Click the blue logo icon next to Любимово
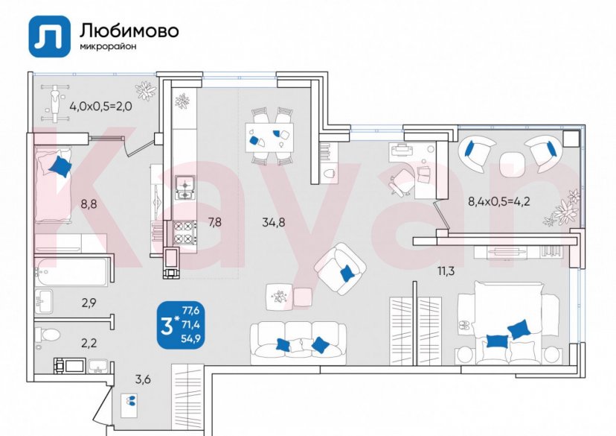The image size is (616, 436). point(50,35)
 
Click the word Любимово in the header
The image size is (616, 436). point(128,30)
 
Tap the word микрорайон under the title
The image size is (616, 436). point(108,47)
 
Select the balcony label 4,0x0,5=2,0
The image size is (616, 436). point(100,106)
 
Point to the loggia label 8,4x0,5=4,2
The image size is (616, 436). point(498,200)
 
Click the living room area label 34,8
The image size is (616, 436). point(273,221)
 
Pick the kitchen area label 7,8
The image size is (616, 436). point(214,221)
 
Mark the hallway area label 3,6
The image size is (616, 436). point(143,379)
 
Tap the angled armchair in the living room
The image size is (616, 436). point(339,267)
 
